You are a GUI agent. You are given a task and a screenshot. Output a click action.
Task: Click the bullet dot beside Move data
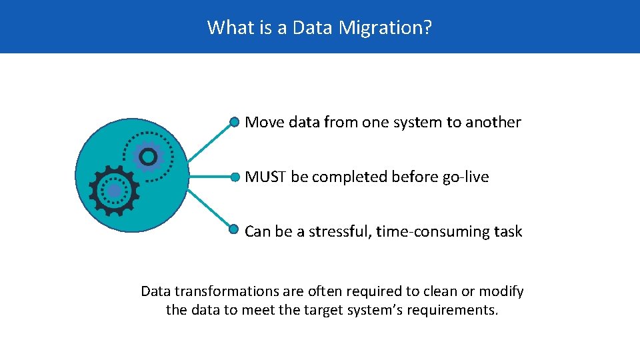tap(234, 122)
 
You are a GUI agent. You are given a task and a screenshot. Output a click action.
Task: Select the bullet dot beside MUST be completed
tap(234, 177)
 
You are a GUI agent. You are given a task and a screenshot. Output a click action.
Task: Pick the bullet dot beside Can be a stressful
tap(234, 229)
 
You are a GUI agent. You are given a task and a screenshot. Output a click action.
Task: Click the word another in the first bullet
tap(493, 122)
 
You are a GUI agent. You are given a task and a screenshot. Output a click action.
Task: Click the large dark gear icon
tap(114, 191)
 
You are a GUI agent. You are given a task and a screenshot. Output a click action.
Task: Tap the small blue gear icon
tap(148, 157)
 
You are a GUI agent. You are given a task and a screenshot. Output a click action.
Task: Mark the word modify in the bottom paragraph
tap(503, 291)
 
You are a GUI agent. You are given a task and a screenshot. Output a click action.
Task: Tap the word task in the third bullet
tap(508, 231)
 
